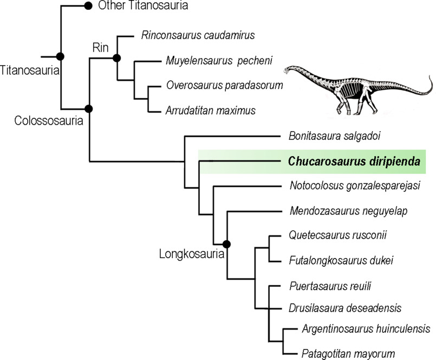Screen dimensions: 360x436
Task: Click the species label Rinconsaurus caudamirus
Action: (x=198, y=35)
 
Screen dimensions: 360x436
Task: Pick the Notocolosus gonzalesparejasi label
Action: (x=355, y=186)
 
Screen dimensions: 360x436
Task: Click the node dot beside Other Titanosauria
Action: (x=88, y=6)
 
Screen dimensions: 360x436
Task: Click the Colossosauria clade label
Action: (x=48, y=121)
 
